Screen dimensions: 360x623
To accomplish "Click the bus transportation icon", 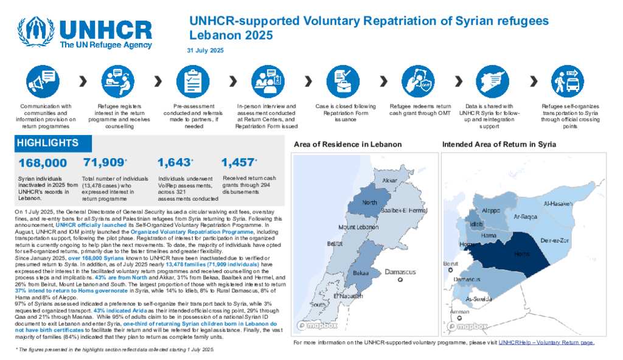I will click(566, 81).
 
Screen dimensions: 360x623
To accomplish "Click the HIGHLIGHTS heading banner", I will click(47, 143).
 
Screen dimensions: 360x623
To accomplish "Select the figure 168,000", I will click(43, 163).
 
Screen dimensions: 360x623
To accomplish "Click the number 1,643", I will click(174, 162).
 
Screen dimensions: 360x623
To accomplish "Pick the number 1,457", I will click(238, 162).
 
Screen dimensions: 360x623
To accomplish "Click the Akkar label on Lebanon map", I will click(389, 181).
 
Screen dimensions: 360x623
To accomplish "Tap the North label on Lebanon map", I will click(369, 202).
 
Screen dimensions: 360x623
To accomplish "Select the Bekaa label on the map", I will click(361, 273).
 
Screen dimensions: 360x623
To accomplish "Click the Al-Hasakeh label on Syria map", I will click(558, 204).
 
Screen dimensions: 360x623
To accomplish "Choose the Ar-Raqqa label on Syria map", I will click(525, 216).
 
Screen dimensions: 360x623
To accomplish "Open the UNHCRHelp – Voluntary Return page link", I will click(546, 343).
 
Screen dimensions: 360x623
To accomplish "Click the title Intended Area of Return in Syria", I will click(499, 145).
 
